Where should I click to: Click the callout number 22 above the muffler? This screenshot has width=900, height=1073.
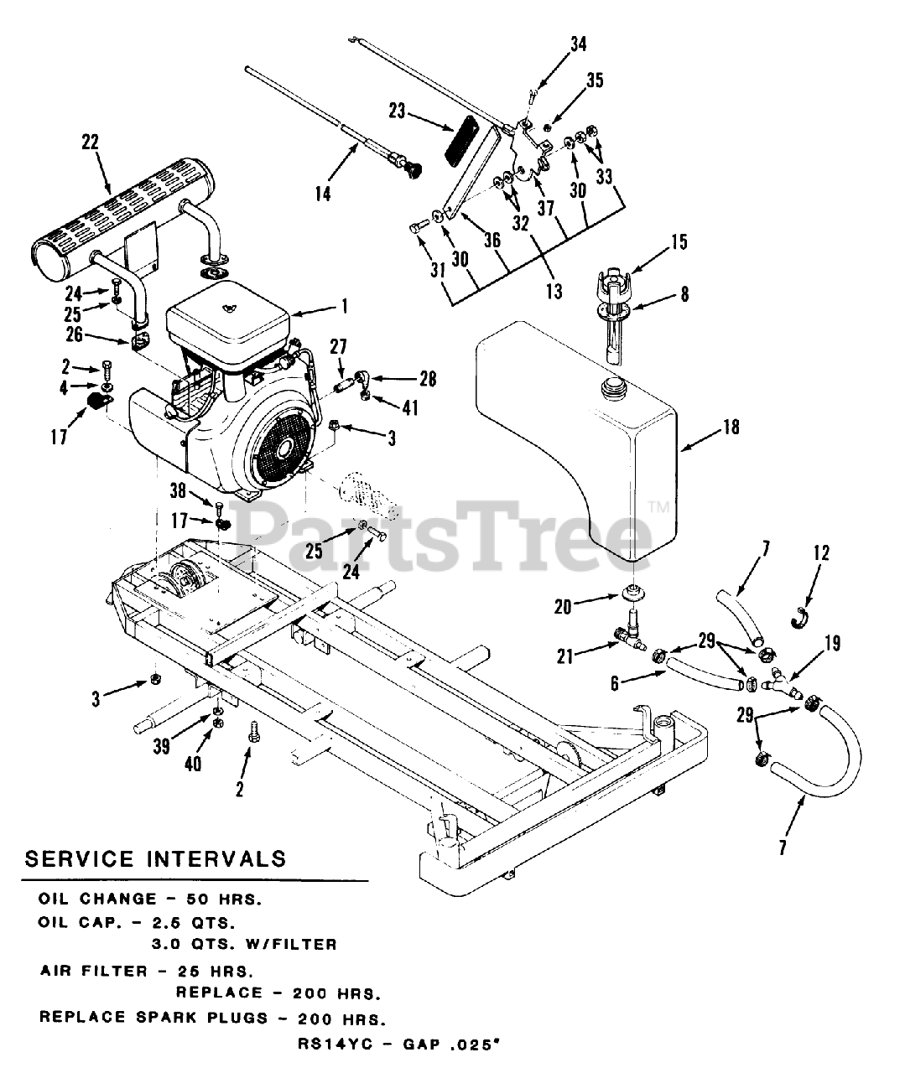coord(89,143)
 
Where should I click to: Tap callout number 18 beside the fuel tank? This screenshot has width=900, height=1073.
coord(731,427)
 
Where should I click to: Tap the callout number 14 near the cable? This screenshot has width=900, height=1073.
coord(323,194)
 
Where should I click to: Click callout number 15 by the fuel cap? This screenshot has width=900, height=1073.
coord(679,242)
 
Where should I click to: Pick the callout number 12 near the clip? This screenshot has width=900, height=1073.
coord(820,552)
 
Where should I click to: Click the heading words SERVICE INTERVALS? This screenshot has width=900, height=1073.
coord(155,858)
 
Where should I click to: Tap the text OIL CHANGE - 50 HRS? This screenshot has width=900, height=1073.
coord(150,899)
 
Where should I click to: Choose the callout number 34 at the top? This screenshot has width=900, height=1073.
coord(579,44)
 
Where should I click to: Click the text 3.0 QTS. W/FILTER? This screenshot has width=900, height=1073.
coord(243,944)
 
